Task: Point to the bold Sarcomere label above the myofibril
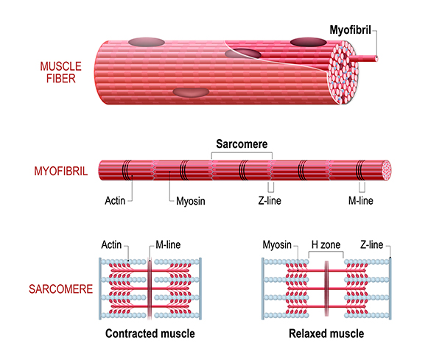[242, 145]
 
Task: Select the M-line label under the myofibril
[363, 200]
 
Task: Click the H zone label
[325, 244]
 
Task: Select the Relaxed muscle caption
[326, 333]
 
